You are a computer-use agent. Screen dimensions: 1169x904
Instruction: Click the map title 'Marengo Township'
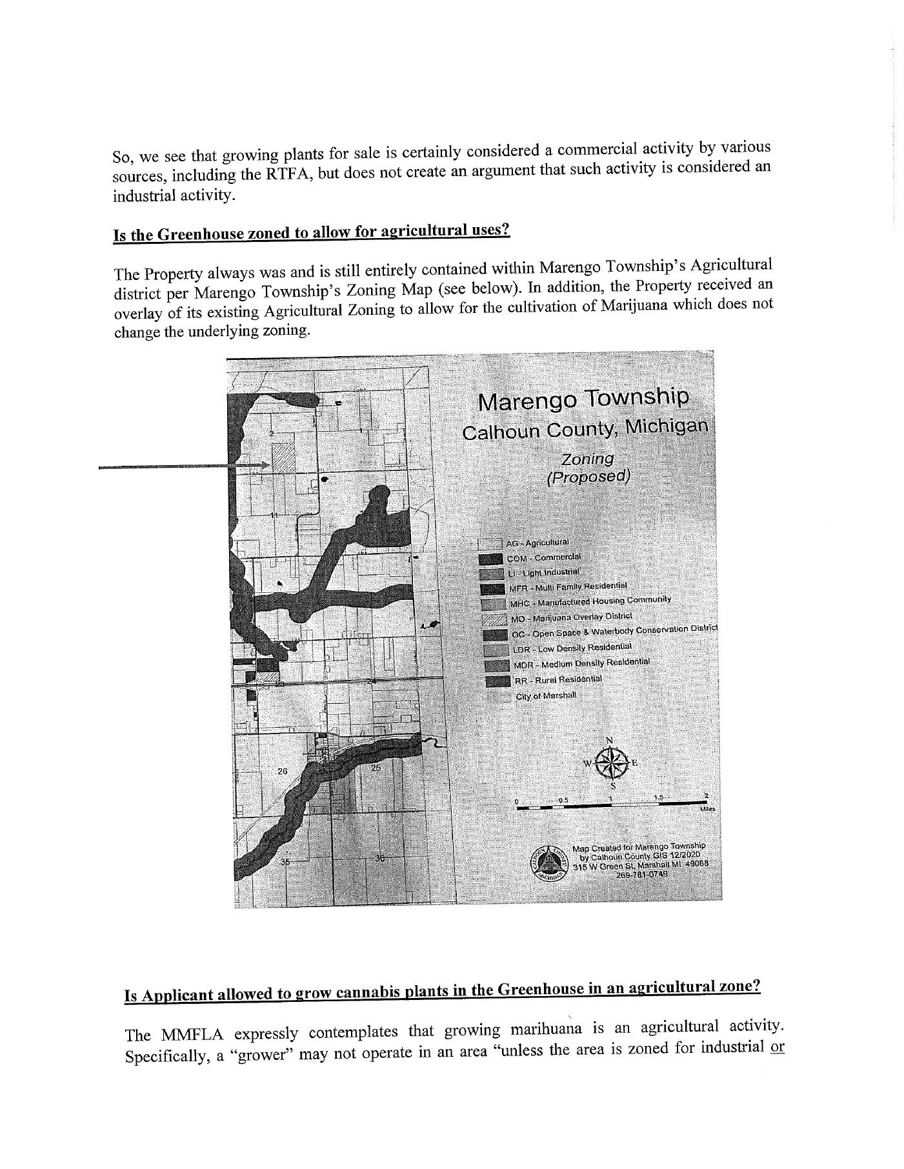click(583, 399)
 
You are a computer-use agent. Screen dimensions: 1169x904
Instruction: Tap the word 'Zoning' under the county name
click(587, 459)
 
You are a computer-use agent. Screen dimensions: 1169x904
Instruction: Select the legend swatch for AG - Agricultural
click(490, 545)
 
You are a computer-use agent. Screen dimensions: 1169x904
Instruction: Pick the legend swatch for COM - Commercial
click(491, 559)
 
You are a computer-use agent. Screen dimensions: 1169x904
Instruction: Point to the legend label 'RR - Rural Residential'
click(558, 679)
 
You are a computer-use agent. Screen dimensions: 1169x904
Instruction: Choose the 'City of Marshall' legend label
click(546, 695)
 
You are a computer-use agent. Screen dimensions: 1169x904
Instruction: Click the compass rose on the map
click(611, 763)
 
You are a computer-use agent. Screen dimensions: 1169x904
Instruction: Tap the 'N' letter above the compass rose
click(609, 740)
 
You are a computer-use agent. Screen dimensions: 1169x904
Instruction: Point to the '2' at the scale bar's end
click(707, 795)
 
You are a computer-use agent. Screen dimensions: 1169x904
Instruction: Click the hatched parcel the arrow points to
click(282, 459)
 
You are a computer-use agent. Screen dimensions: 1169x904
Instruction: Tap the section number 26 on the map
click(283, 772)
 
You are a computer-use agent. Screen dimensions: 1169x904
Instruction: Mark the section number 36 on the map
click(380, 858)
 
